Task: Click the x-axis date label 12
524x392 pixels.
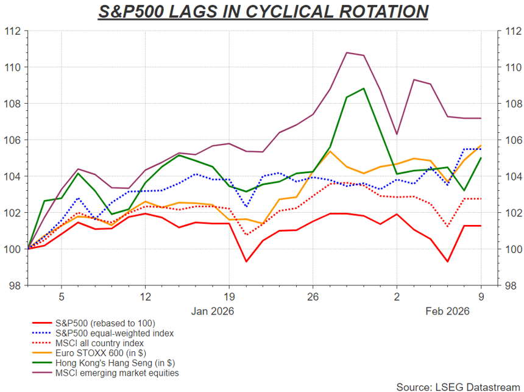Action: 145,297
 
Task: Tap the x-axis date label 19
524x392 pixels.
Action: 228,297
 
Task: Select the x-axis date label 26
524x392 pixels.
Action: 313,297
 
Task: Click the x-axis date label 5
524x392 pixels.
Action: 62,297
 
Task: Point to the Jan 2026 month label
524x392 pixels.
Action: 212,311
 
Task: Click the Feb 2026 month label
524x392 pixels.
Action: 447,311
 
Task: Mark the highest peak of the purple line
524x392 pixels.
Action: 347,52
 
